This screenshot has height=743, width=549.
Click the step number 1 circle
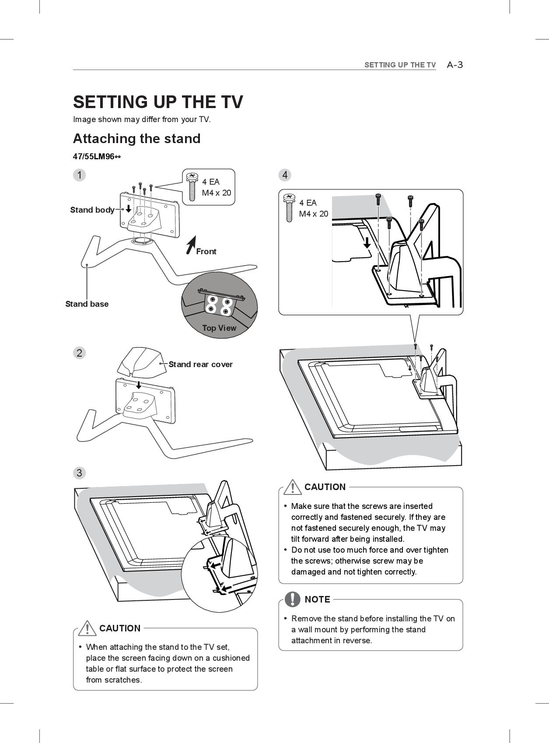point(79,175)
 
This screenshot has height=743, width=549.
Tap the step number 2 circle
point(79,353)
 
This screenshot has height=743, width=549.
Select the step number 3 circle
point(79,473)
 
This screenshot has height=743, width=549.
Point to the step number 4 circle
point(285,175)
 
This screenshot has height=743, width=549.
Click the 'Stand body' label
point(92,210)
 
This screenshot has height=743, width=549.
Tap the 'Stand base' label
point(87,304)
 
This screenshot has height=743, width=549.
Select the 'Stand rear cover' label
point(200,364)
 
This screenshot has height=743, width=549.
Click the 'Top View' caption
point(219,328)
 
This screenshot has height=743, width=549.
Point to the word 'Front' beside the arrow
point(206,252)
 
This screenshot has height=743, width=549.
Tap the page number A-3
point(455,65)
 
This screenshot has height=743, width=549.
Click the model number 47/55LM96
point(97,157)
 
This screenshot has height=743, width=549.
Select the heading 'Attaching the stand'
point(136,139)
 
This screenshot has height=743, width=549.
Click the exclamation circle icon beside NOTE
point(292,599)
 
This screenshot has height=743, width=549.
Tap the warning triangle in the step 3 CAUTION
point(87,628)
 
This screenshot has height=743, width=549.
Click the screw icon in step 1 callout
point(192,187)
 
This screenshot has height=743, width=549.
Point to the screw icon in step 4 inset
point(289,207)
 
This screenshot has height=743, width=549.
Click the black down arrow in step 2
point(139,385)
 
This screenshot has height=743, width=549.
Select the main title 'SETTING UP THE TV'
point(158,102)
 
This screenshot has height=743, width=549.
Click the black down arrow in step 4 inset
point(367,242)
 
